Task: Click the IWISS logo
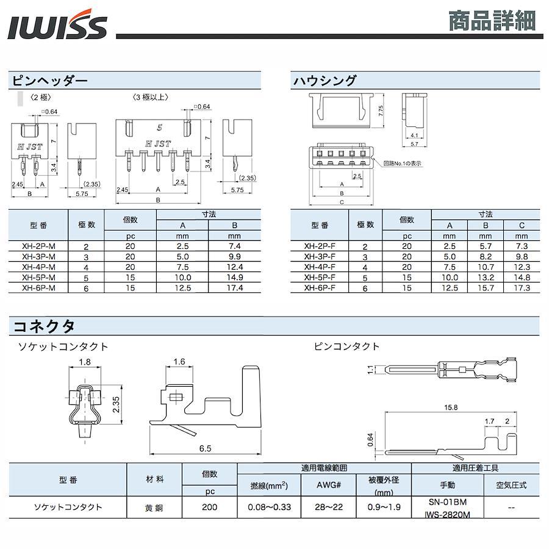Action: [x=57, y=24]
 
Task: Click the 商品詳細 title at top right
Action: [x=492, y=21]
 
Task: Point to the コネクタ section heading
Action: [x=44, y=326]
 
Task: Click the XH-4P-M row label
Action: [x=38, y=267]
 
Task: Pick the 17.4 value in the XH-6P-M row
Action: [x=235, y=288]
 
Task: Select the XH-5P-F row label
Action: [x=320, y=278]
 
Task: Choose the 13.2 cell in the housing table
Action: [x=486, y=278]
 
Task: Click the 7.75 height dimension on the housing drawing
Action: [x=381, y=110]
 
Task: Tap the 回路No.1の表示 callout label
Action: [x=402, y=163]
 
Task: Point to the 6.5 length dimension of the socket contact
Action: [x=205, y=448]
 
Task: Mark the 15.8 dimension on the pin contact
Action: [x=451, y=407]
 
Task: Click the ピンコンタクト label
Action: [x=346, y=346]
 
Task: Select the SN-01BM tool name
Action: [x=448, y=502]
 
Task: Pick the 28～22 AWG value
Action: [x=328, y=507]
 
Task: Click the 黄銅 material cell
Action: [x=154, y=508]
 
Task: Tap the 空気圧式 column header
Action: [x=511, y=485]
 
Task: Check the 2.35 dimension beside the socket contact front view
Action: [x=116, y=404]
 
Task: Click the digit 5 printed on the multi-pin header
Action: [x=160, y=127]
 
